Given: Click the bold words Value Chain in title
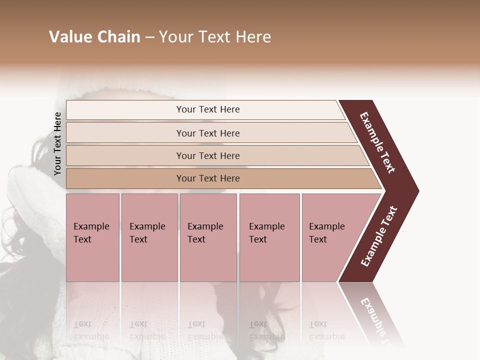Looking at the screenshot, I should pyautogui.click(x=94, y=37).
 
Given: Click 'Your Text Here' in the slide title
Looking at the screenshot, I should pyautogui.click(x=215, y=37).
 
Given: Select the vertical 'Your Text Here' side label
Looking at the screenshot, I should pyautogui.click(x=57, y=143).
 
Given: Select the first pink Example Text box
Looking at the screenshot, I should pyautogui.click(x=92, y=237).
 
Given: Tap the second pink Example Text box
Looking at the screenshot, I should pyautogui.click(x=149, y=237).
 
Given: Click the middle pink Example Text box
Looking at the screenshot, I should pyautogui.click(x=208, y=237).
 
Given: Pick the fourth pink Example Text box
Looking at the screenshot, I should pyautogui.click(x=269, y=237).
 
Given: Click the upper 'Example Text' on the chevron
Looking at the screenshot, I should pyautogui.click(x=377, y=142).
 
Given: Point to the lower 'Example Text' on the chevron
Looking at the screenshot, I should pyautogui.click(x=378, y=236).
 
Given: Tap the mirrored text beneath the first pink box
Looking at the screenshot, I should pyautogui.click(x=91, y=330).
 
